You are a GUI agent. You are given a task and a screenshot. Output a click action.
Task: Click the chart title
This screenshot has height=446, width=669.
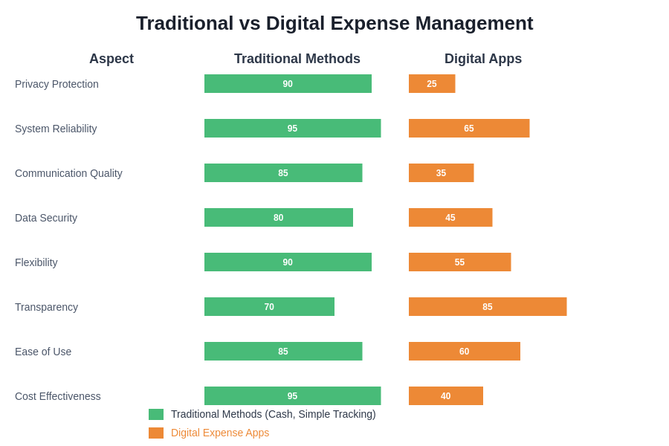pos(334,23)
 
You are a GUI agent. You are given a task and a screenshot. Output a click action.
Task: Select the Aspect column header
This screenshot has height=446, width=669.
pos(111,59)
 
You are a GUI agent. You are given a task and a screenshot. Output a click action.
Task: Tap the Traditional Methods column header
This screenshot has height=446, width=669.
pos(297,59)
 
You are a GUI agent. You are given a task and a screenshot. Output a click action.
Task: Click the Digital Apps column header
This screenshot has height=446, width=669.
pos(483,59)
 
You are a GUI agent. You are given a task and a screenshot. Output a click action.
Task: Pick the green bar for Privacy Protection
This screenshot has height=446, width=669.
pos(288,84)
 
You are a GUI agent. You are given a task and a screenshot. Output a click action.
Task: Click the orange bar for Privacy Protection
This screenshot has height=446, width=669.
pos(432,84)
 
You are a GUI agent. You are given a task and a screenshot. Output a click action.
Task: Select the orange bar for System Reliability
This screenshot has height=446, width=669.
pos(469,129)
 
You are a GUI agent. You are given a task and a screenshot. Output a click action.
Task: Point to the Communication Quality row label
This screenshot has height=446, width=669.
pos(68,173)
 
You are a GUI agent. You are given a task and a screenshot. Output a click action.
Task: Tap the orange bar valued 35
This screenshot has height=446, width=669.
pos(441,173)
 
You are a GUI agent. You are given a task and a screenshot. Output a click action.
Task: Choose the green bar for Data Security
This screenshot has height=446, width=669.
pos(279,218)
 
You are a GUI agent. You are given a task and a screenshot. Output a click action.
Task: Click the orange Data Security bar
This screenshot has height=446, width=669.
pos(450,218)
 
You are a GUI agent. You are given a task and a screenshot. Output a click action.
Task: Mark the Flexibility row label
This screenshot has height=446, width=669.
pos(36,262)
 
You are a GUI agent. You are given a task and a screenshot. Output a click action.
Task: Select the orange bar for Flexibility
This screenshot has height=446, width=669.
pos(459,262)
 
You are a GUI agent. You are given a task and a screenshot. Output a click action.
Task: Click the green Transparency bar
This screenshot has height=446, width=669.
pos(269,307)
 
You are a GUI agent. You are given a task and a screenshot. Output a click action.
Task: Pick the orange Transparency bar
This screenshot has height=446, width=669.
pos(488,307)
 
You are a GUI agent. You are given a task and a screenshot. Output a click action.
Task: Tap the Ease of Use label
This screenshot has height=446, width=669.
pos(43,352)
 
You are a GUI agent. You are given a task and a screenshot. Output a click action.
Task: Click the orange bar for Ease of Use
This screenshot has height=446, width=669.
pos(465,352)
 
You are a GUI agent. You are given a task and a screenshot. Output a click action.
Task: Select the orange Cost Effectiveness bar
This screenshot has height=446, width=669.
pos(446,396)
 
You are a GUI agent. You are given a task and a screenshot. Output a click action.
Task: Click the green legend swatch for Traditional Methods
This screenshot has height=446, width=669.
pos(156,415)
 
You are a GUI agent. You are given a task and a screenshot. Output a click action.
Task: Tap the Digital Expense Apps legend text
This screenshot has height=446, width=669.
pos(220,433)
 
